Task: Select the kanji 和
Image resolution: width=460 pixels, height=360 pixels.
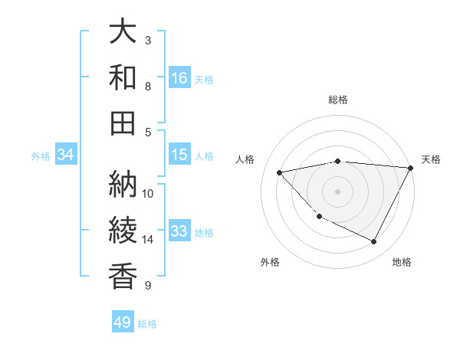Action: (x=123, y=77)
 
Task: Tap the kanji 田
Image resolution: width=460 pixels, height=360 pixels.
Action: (x=123, y=122)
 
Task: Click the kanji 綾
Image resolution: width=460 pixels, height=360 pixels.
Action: (x=123, y=231)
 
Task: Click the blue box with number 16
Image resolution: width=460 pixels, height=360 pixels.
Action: (x=179, y=77)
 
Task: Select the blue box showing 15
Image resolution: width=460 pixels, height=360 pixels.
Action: (x=179, y=155)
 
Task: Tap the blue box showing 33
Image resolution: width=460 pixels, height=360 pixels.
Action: (x=179, y=231)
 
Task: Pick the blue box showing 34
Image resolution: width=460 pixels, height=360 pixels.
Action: (x=66, y=155)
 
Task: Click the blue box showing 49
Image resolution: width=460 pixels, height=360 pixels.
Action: (x=123, y=322)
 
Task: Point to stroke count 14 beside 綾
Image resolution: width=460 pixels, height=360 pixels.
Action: (x=148, y=240)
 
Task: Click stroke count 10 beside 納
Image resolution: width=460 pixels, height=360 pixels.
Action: (x=148, y=193)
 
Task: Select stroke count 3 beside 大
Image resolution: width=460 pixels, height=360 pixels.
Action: (x=148, y=40)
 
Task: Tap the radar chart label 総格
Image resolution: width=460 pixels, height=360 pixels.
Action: (x=337, y=100)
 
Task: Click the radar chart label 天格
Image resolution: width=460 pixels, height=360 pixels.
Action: (x=431, y=159)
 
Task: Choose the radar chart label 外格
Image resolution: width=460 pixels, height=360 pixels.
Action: (x=270, y=262)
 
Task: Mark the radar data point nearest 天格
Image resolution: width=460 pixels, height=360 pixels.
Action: (x=411, y=168)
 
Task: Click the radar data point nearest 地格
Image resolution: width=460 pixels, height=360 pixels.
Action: (x=374, y=242)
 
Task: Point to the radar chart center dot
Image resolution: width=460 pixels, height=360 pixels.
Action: (x=337, y=191)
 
